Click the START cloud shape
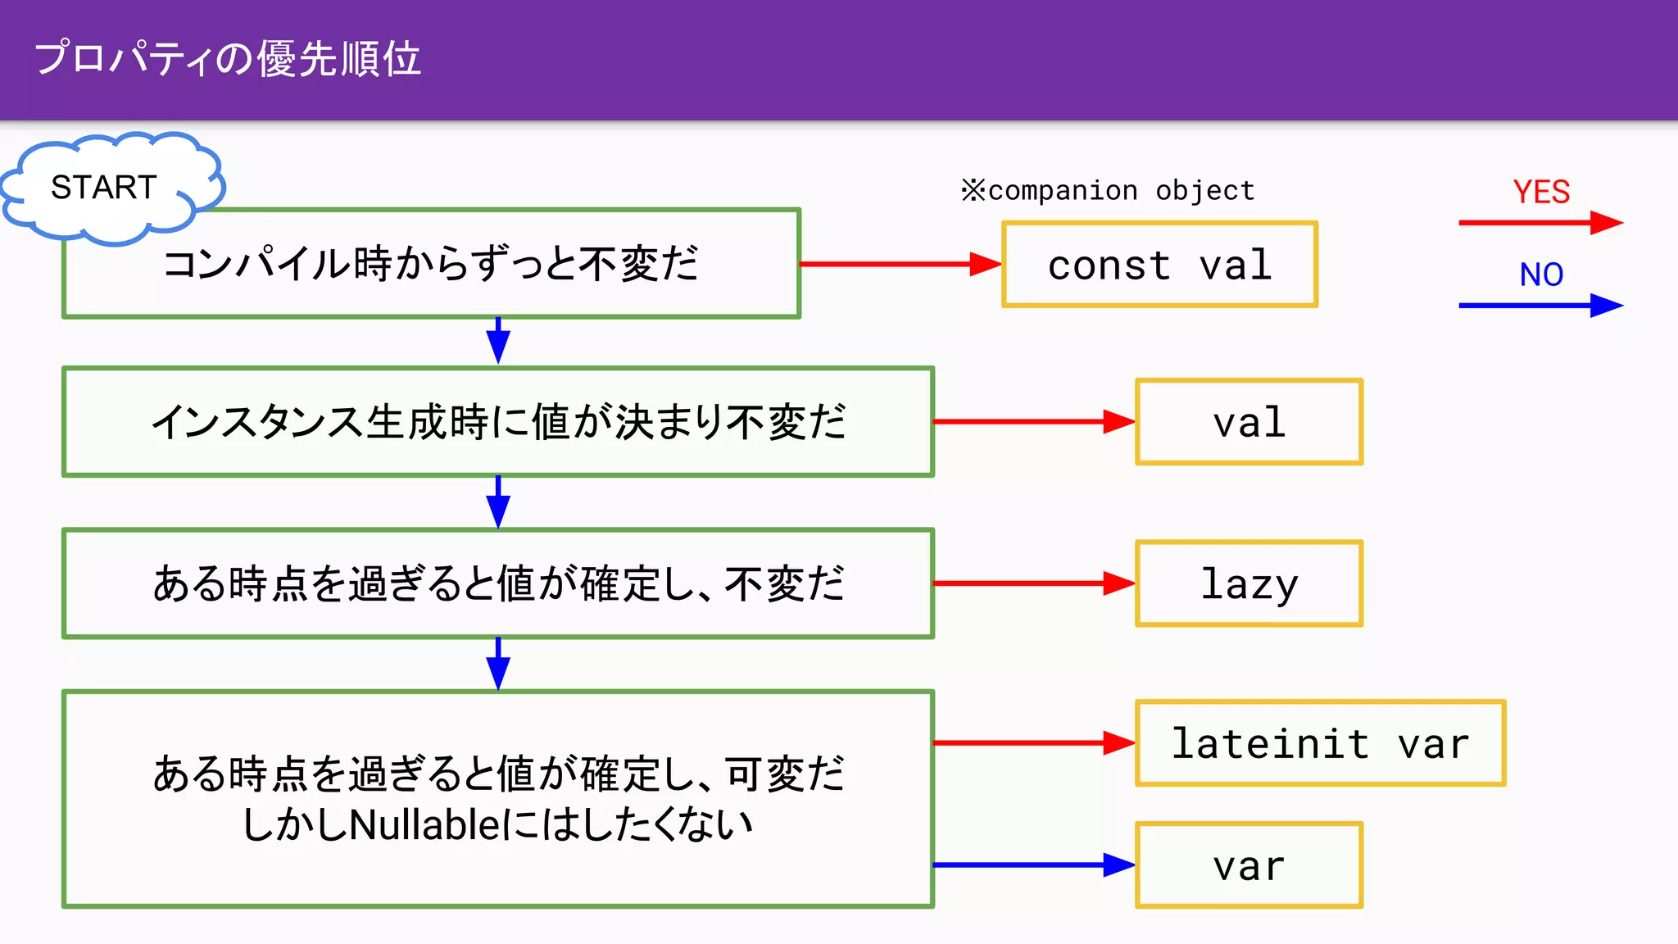point(105,188)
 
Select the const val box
point(1159,265)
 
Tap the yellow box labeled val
point(1249,422)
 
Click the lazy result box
point(1249,583)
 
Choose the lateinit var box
point(1320,743)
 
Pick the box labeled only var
point(1249,865)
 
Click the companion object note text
point(1108,191)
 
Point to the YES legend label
point(1540,192)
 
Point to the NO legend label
point(1540,275)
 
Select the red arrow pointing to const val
point(899,264)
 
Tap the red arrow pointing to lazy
point(1032,583)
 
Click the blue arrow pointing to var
point(1032,865)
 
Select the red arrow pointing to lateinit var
point(1032,743)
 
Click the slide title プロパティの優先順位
point(228,59)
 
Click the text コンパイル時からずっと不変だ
point(430,264)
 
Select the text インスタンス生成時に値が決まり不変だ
point(498,422)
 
